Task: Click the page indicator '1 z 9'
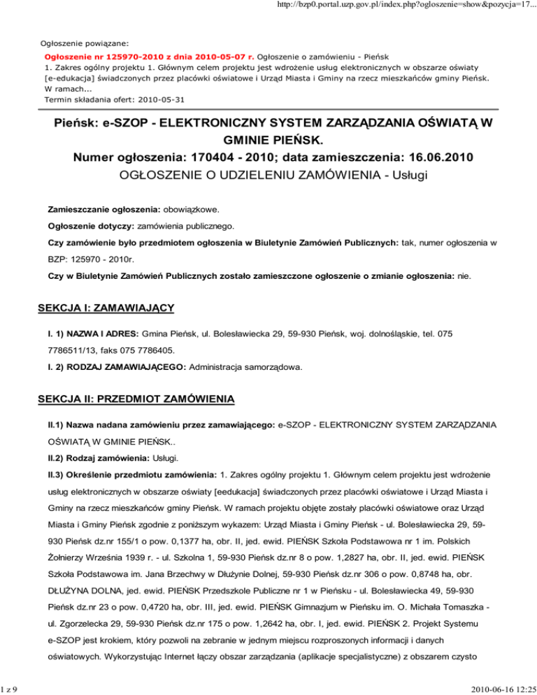(x=9, y=687)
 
